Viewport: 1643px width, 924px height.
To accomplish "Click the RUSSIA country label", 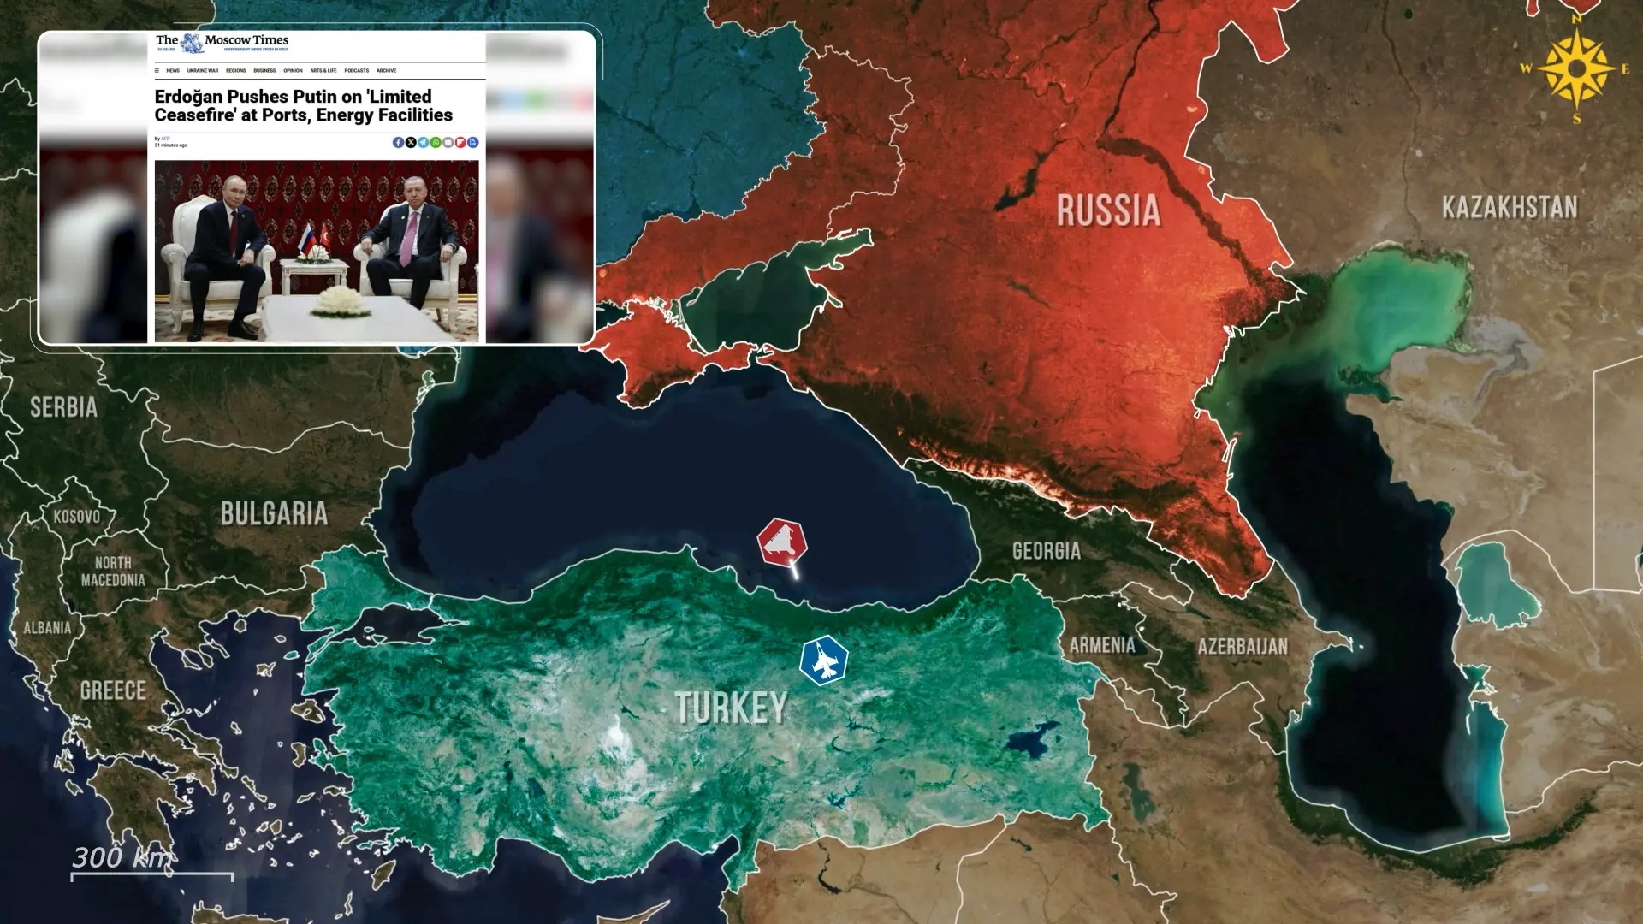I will pos(1108,210).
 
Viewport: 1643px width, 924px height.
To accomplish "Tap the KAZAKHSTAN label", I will pos(1509,207).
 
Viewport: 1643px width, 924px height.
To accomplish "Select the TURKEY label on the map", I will pos(731,708).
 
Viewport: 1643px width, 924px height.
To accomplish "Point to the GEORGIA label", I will pos(1046,550).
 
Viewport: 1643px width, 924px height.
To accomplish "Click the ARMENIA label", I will pos(1102,644).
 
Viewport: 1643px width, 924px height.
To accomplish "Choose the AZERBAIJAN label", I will pos(1242,646).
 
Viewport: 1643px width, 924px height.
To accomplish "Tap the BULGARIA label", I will pos(274,513).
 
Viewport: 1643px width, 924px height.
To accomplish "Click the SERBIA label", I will pos(63,407).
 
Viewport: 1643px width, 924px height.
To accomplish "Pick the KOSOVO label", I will pos(76,517).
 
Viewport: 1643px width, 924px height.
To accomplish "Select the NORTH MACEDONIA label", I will pos(113,571).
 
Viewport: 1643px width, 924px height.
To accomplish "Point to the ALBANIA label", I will pos(47,628).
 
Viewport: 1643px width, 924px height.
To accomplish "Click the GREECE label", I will pos(113,690).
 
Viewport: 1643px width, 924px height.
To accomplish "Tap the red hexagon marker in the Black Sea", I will pos(781,542).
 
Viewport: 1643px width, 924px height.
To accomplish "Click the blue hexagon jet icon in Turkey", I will pos(823,661).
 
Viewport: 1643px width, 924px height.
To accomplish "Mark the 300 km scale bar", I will pos(151,874).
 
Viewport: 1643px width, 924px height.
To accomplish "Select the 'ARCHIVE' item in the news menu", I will pos(386,71).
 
